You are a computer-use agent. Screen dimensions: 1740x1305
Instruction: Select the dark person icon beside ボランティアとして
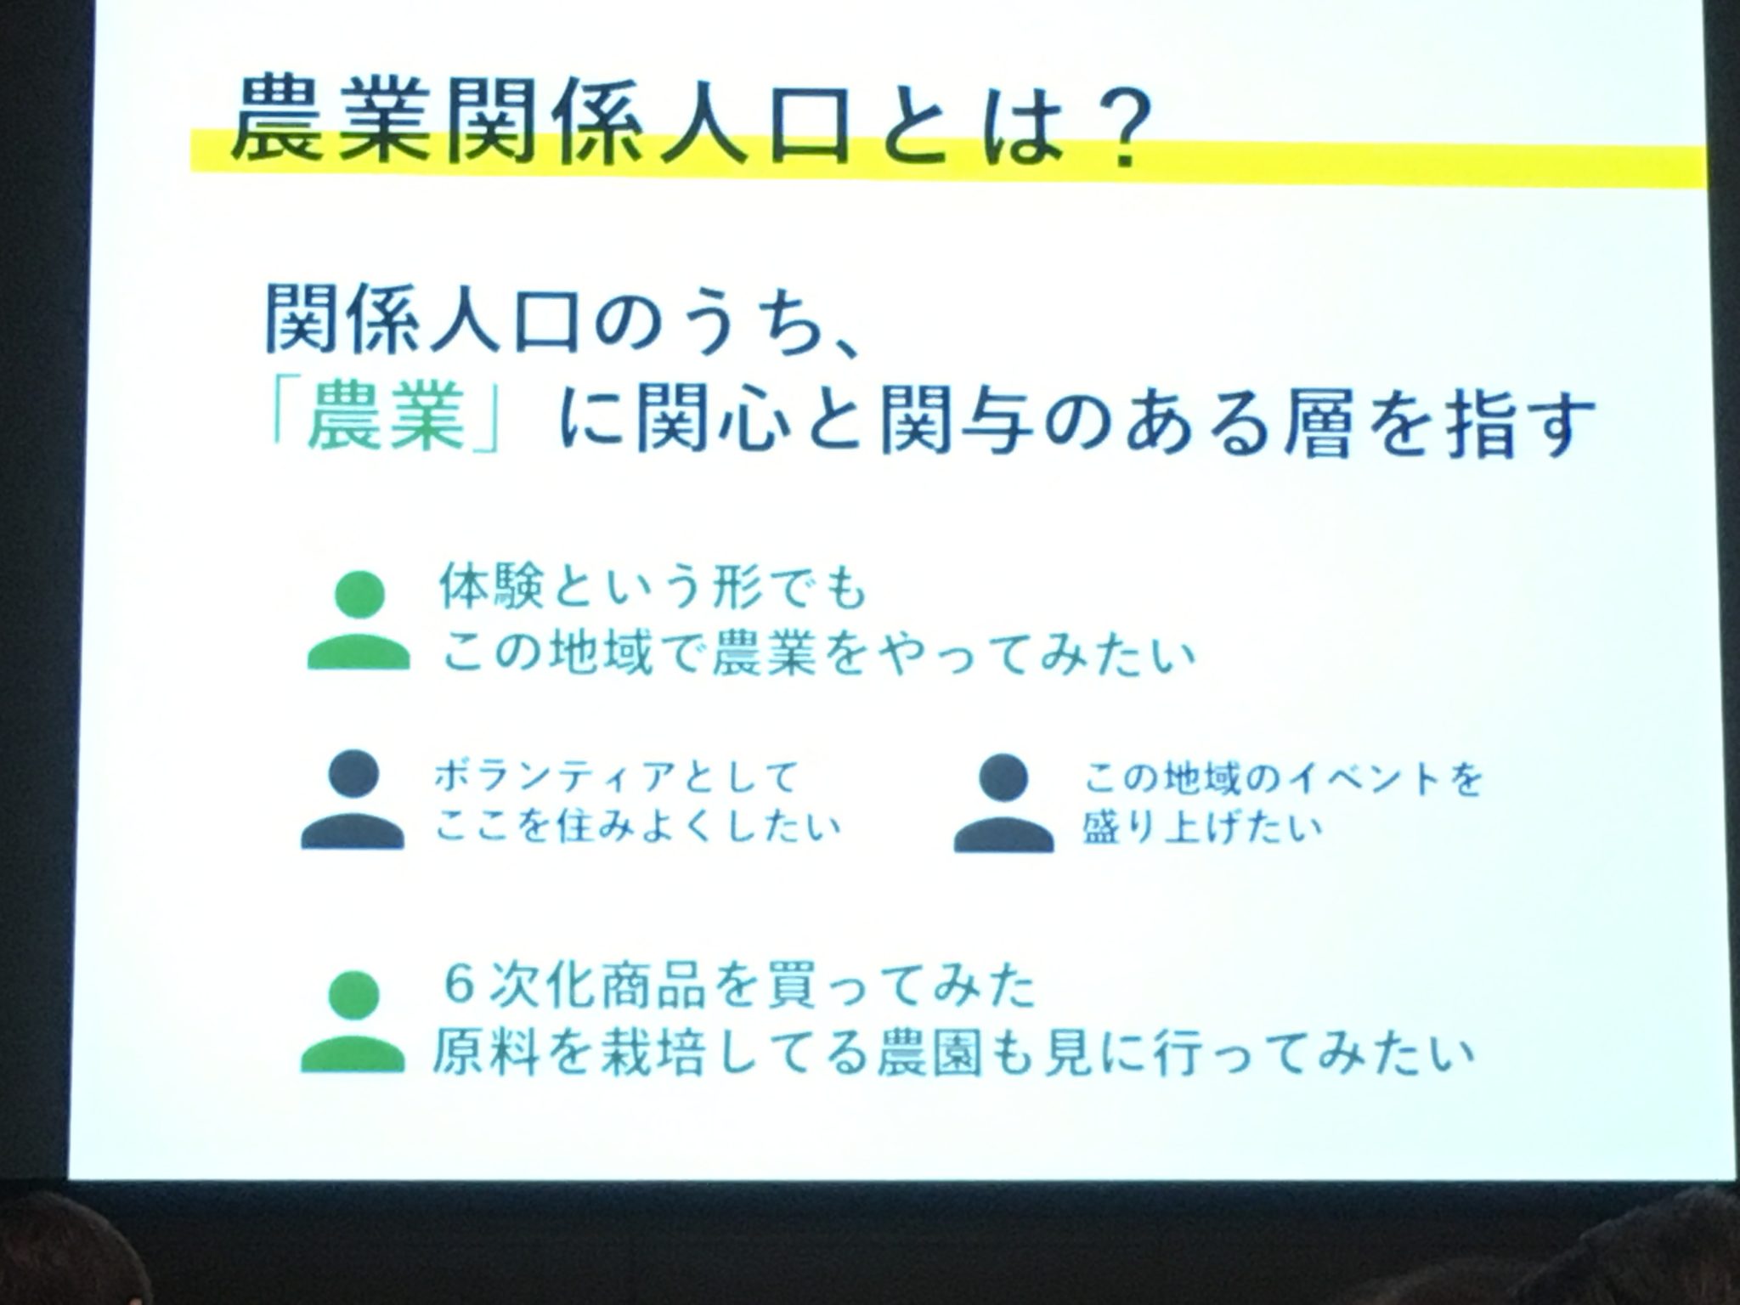[x=353, y=800]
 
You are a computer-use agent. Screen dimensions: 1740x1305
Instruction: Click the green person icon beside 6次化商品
[x=354, y=1021]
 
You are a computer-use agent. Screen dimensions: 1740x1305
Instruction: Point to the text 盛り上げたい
[x=1202, y=825]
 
